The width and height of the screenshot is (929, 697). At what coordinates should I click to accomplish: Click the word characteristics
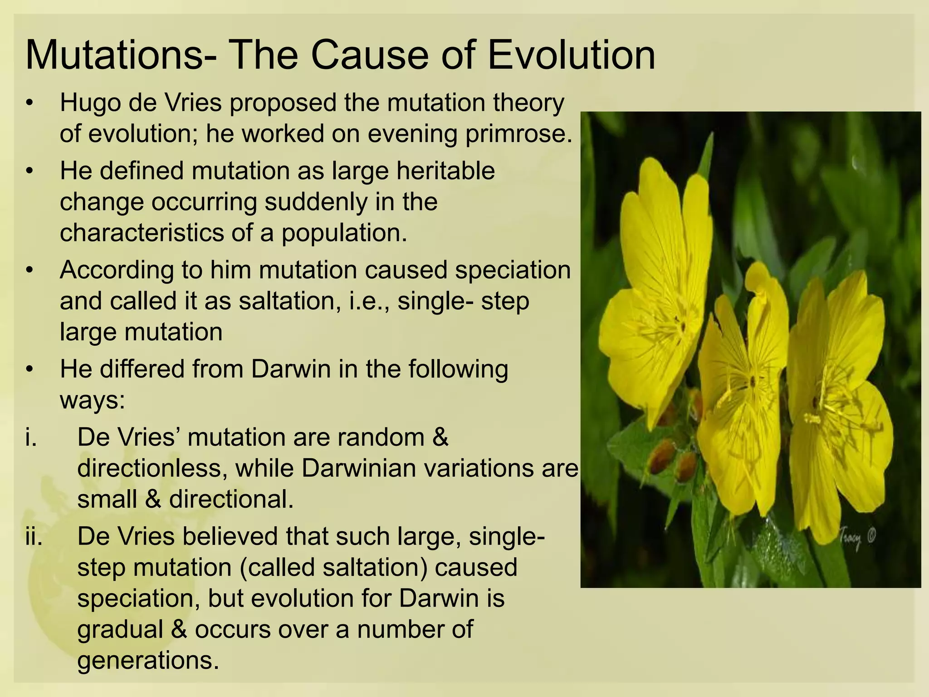pyautogui.click(x=142, y=233)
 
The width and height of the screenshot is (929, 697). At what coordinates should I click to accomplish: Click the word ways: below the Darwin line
pyautogui.click(x=92, y=400)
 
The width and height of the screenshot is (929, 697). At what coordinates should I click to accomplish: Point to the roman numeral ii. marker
pyautogui.click(x=34, y=537)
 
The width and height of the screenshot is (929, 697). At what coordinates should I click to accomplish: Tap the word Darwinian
pyautogui.click(x=358, y=468)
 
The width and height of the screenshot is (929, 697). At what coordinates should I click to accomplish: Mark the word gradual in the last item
pyautogui.click(x=120, y=630)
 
